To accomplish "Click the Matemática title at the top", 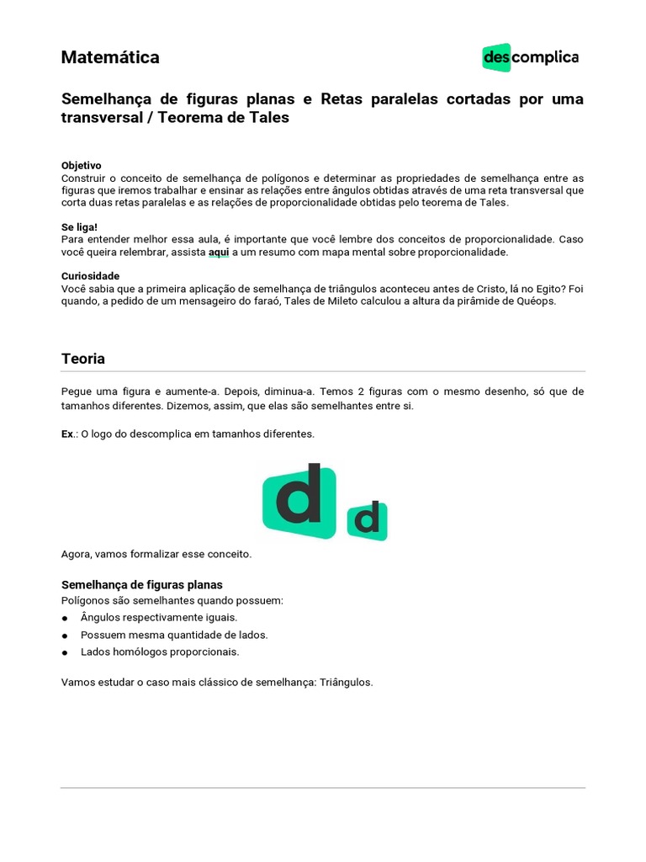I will coord(110,57).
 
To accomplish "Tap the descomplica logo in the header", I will coord(530,57).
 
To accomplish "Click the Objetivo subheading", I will coord(82,166).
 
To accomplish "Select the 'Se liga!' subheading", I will coord(79,227).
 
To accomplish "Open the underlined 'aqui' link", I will coord(219,252).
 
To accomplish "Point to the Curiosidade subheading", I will coord(90,276).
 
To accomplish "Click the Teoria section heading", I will coord(83,359).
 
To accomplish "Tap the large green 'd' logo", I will coord(299,501).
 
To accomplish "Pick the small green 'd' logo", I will coord(367,520).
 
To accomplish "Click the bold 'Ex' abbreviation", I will coord(67,434).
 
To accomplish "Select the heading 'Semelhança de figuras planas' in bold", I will coord(142,585).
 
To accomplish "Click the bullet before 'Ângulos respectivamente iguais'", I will coord(66,618).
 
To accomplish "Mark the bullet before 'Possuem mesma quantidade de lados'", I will coord(66,636).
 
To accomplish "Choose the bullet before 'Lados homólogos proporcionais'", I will coord(66,652).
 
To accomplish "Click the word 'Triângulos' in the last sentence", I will coord(345,682).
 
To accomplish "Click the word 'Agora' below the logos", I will coord(76,554).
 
